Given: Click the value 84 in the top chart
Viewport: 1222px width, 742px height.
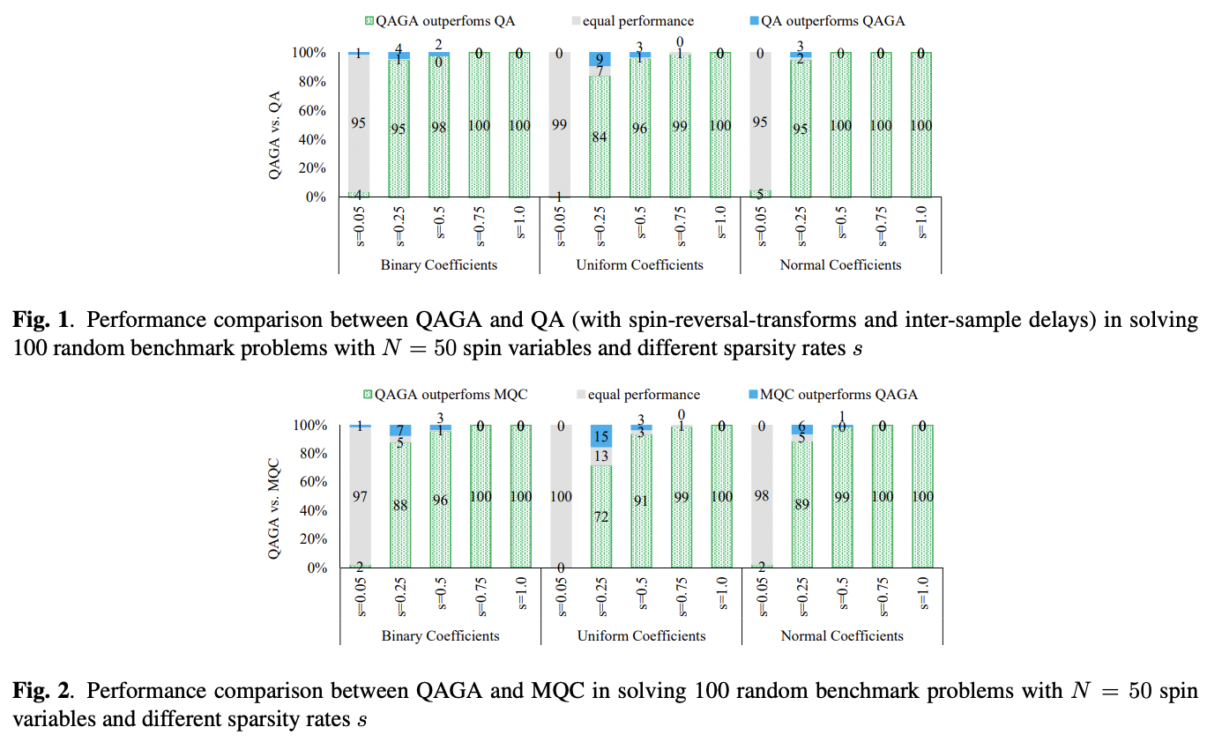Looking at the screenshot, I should point(600,137).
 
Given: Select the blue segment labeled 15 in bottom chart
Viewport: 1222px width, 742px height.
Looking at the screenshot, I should point(600,435).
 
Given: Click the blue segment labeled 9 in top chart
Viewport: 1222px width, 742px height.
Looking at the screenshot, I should point(600,60).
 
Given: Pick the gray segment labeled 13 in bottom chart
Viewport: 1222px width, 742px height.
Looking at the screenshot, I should point(600,456).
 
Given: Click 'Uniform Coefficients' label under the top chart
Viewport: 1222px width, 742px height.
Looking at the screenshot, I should point(639,264).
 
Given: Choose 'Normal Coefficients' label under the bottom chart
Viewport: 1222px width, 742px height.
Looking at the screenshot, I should point(842,635).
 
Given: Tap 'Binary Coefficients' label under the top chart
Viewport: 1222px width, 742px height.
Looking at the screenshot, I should point(438,264).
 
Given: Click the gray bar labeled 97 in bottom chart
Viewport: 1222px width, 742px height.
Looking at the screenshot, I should point(359,496).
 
